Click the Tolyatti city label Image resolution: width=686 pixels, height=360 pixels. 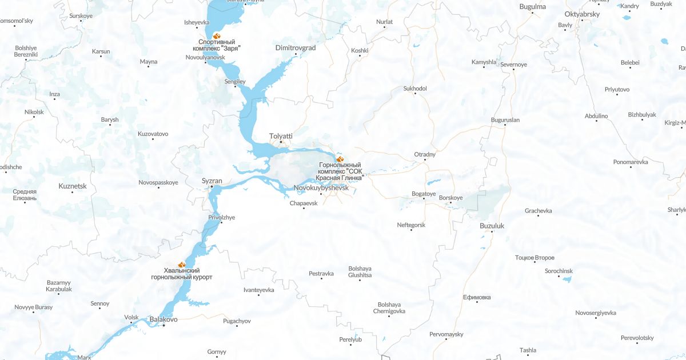point(281,136)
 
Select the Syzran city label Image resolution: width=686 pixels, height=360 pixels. point(212,181)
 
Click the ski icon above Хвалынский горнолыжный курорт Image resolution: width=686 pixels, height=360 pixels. point(182,264)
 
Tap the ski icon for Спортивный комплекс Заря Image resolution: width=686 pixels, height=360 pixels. point(216,36)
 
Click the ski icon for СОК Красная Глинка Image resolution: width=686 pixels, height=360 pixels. point(340,158)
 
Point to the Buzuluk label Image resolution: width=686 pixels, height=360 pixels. point(492,226)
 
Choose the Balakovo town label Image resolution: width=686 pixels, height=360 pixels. point(163,319)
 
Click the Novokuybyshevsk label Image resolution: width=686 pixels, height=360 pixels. point(321,187)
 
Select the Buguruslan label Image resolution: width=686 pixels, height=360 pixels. point(505,120)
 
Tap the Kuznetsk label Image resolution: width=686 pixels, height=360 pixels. point(73,186)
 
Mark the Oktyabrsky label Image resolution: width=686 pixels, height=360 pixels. point(582,13)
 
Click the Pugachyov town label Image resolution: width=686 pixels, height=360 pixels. point(237,321)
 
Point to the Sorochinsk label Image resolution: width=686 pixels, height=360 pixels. point(559,271)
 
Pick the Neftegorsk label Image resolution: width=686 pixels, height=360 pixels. point(411,225)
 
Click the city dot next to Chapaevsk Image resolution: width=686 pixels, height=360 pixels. point(304,208)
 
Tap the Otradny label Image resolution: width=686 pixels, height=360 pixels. point(425,154)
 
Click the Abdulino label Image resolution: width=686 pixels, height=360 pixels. point(596,116)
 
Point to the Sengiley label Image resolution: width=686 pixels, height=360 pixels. point(234,82)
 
